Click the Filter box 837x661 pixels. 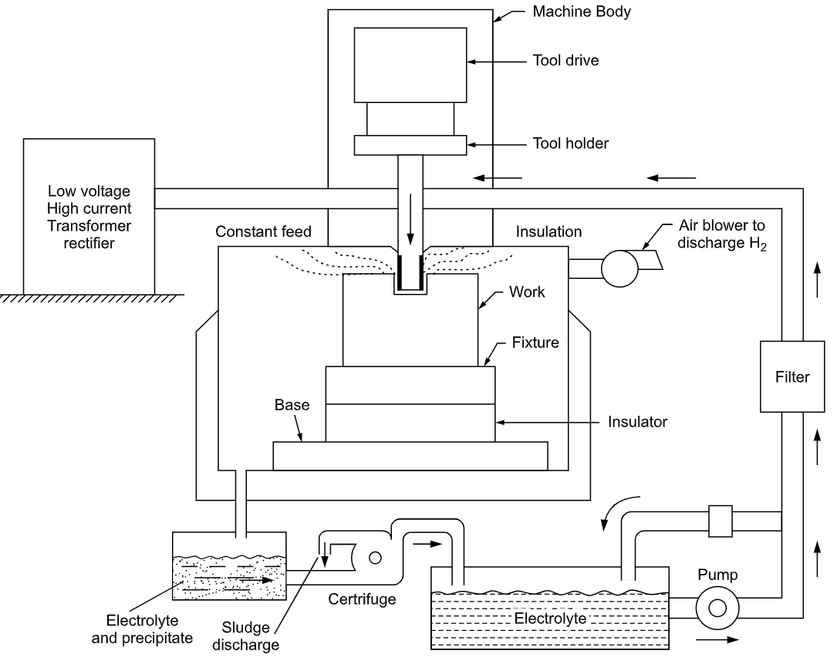[792, 377]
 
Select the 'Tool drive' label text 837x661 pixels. [565, 60]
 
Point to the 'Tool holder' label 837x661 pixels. [571, 143]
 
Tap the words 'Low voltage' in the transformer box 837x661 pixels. [89, 191]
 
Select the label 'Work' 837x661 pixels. [527, 293]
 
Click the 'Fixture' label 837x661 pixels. [534, 342]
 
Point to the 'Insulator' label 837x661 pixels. [637, 422]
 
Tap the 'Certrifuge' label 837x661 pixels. [362, 598]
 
